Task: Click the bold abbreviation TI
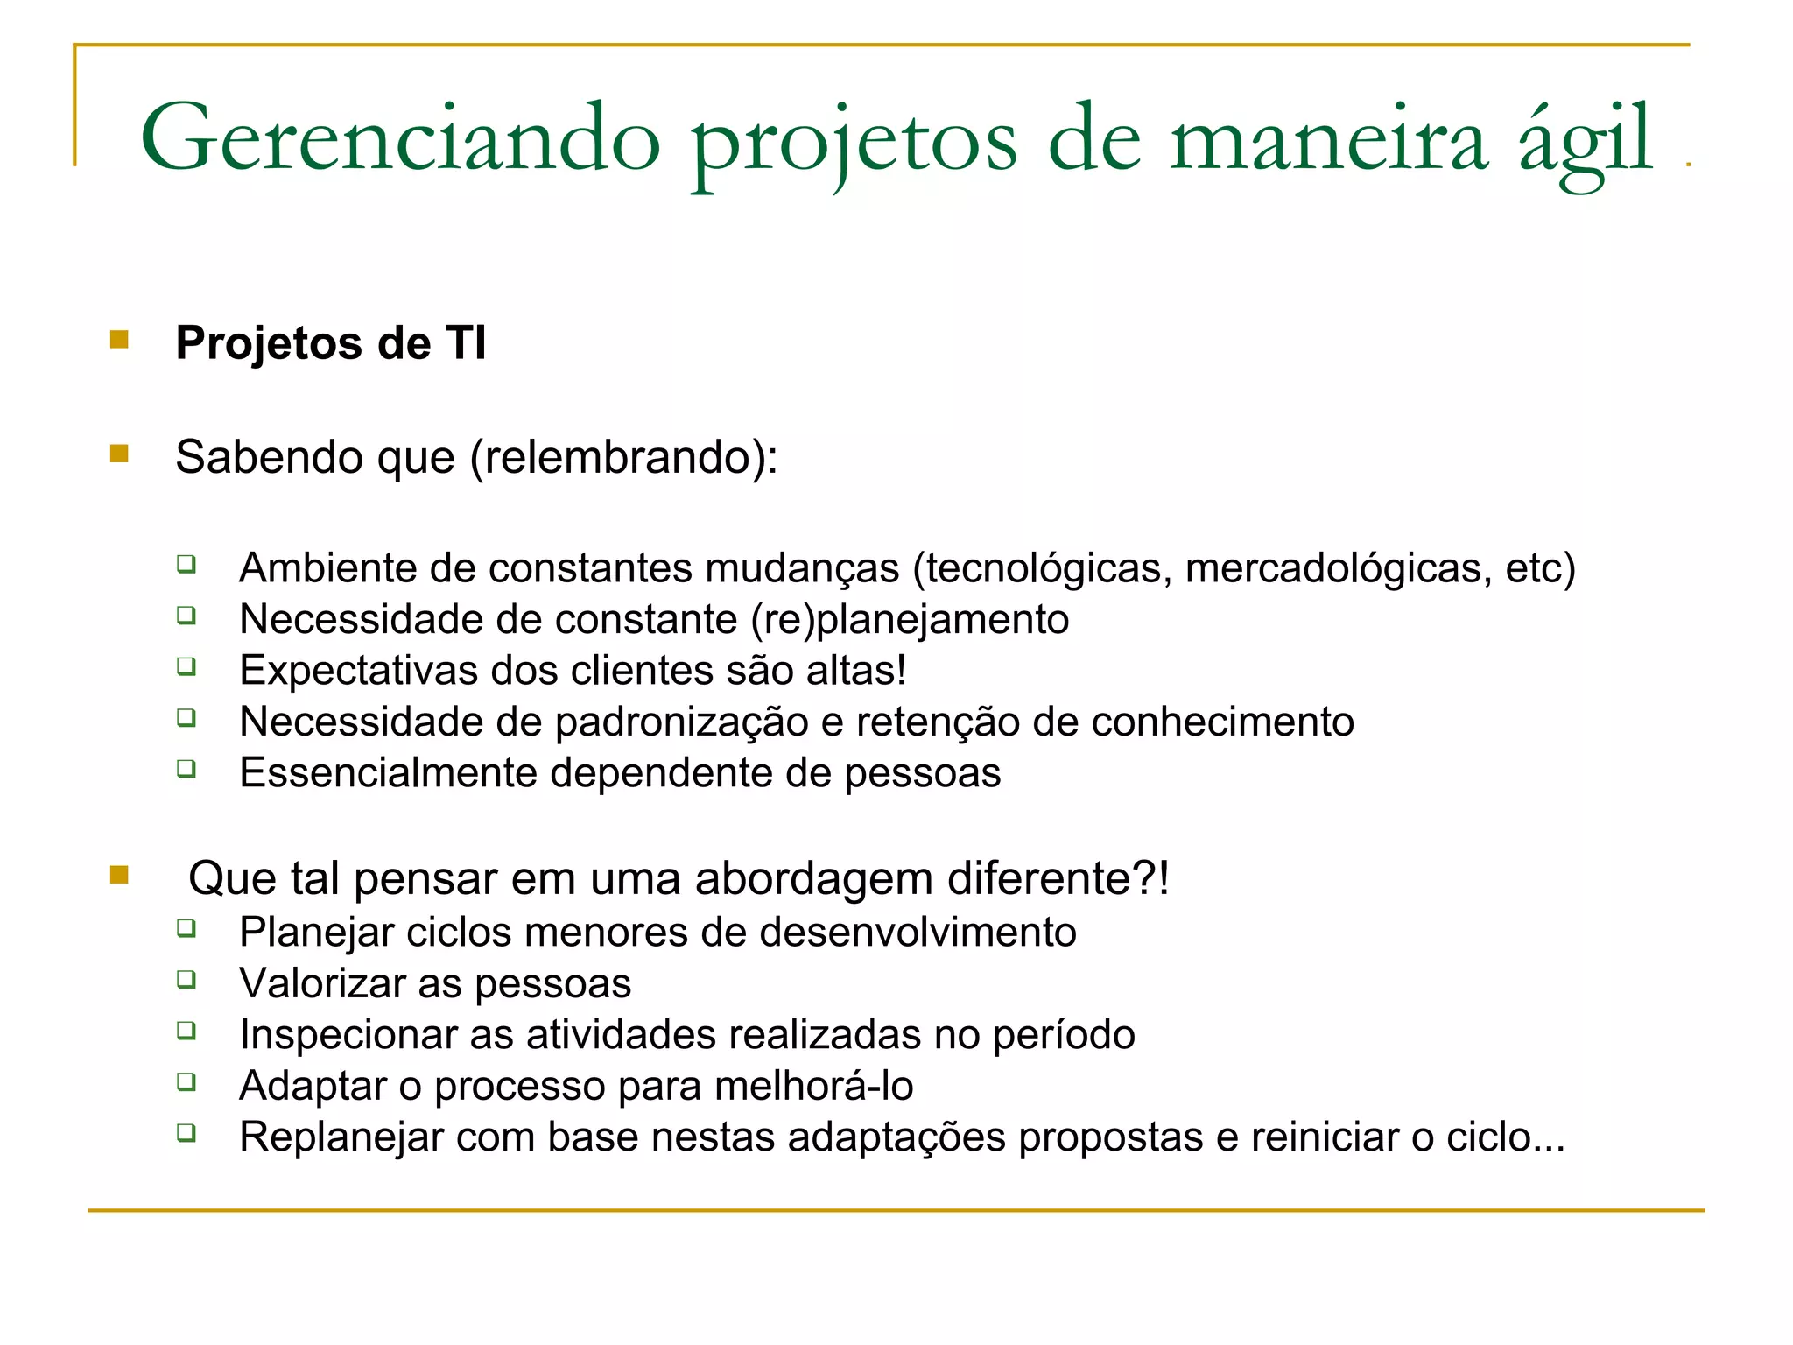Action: click(466, 342)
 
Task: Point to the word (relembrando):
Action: click(623, 457)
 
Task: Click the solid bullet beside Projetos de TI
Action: click(120, 340)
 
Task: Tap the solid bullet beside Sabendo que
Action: click(120, 454)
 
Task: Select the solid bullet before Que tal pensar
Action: click(120, 875)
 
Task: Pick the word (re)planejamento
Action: click(910, 620)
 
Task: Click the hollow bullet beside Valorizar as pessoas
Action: click(186, 979)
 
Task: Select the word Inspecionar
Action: click(348, 1035)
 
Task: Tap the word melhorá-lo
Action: click(813, 1087)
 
